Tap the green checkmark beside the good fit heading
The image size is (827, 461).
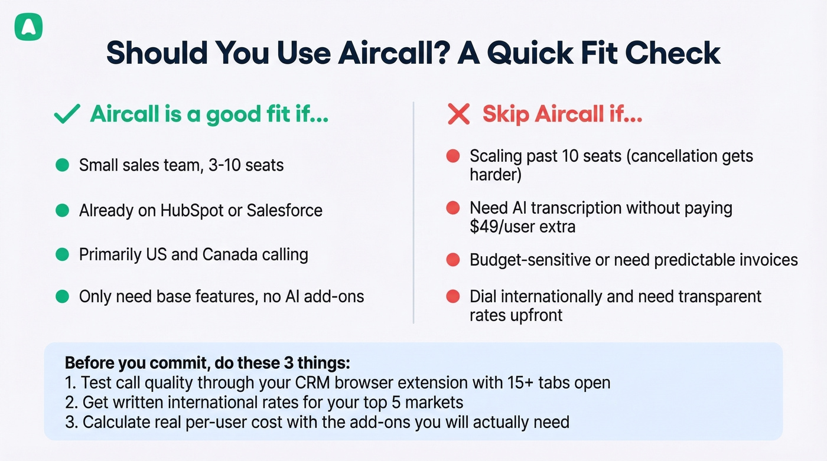67,115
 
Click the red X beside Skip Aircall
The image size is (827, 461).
458,115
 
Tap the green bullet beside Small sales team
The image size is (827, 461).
62,165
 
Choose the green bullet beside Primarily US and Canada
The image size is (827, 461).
62,255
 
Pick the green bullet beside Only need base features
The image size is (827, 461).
62,296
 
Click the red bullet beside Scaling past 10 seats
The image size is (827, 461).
453,156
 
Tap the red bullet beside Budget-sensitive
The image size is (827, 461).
453,260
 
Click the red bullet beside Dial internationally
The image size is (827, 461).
453,296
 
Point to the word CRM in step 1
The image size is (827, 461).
314,382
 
